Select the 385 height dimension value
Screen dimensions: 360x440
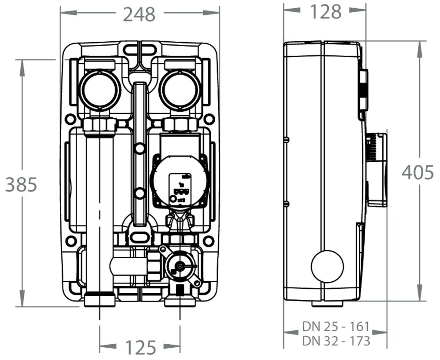click(x=21, y=185)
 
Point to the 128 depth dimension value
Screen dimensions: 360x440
click(x=326, y=12)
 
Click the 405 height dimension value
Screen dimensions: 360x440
click(x=418, y=173)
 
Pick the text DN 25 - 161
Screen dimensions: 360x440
click(x=335, y=327)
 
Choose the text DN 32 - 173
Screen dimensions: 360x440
click(x=335, y=341)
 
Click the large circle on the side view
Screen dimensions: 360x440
click(x=327, y=266)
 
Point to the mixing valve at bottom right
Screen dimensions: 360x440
click(x=180, y=267)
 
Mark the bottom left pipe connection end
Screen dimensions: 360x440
click(x=99, y=300)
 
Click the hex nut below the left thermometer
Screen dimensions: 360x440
click(x=99, y=125)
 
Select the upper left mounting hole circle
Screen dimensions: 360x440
click(x=70, y=119)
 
